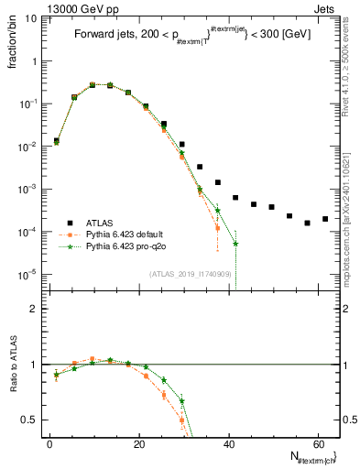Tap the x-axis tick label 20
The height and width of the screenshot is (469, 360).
pos(138,443)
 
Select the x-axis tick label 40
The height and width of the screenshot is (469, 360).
pos(228,443)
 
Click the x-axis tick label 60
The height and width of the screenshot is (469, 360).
pos(317,443)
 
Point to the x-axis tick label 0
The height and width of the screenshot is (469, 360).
pos(49,443)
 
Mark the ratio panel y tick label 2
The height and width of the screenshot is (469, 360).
pos(33,309)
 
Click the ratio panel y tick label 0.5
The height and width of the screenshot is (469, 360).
pos(29,420)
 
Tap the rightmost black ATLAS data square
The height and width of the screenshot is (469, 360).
pos(325,219)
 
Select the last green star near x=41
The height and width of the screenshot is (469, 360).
pos(235,244)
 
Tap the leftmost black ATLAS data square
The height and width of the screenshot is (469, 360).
pos(57,141)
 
